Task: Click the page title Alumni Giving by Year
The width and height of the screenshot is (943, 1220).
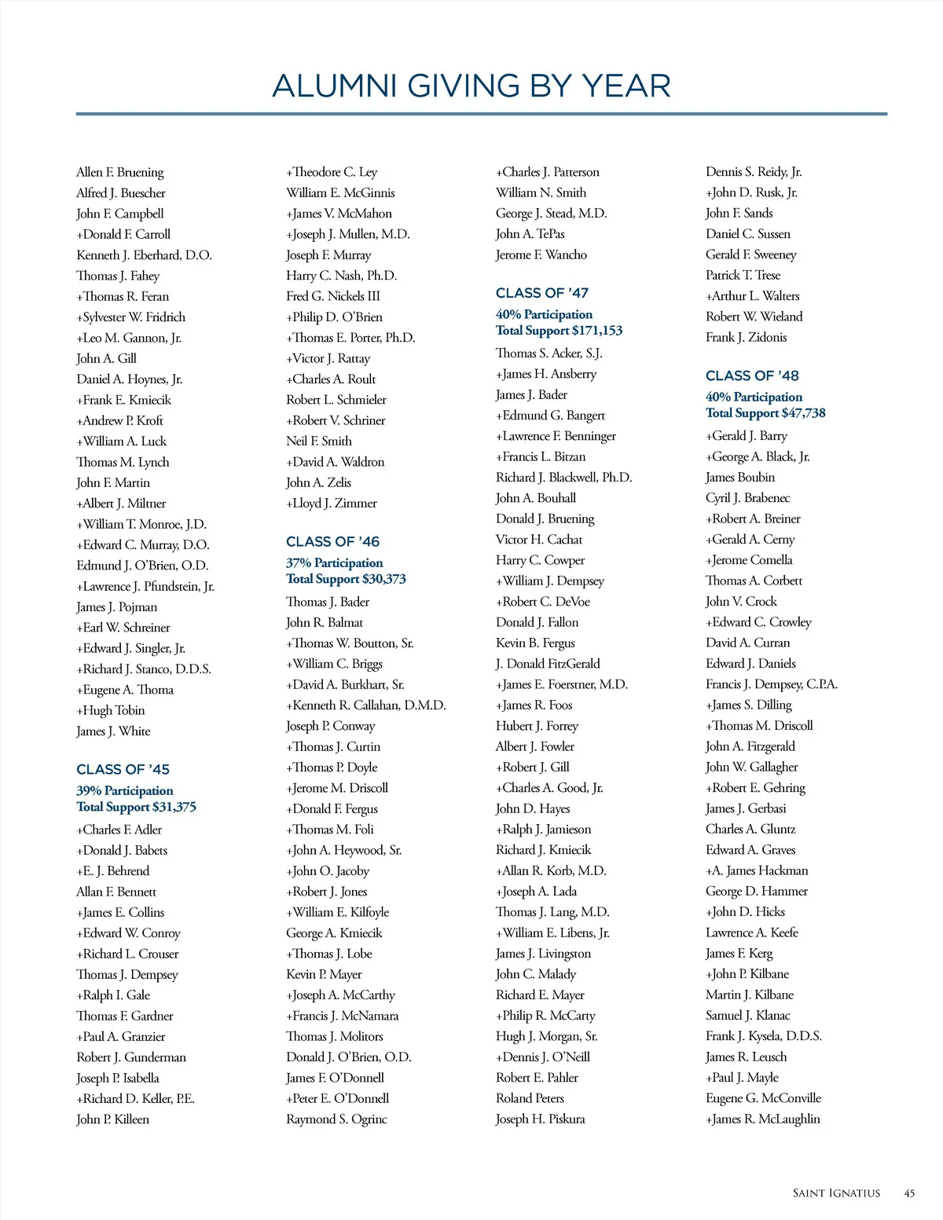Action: [472, 86]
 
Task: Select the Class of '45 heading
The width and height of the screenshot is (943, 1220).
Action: [123, 769]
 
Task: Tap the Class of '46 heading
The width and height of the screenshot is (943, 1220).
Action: [332, 541]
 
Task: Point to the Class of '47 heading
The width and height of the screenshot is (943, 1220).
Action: [541, 293]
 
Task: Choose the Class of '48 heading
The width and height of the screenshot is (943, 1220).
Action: [752, 376]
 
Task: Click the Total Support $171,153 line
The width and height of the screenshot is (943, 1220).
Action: [559, 331]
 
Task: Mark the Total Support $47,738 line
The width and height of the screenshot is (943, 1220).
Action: [765, 413]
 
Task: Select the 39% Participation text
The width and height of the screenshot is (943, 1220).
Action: [125, 790]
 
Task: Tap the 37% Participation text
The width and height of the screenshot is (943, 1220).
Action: [335, 562]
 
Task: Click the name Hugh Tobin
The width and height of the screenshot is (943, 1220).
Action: [111, 710]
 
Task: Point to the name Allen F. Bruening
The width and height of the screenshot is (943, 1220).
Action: [120, 172]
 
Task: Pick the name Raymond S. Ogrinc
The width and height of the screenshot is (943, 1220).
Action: [336, 1119]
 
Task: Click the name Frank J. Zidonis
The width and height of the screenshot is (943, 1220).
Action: [746, 337]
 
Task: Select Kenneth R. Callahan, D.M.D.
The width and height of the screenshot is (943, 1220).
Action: [366, 705]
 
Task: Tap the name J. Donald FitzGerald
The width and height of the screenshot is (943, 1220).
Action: [548, 664]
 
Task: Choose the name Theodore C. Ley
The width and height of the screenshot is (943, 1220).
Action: [332, 172]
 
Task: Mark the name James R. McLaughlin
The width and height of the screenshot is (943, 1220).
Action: [762, 1119]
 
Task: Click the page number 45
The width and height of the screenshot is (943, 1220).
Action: [909, 1193]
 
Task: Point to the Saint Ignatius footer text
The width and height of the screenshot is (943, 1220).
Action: [836, 1193]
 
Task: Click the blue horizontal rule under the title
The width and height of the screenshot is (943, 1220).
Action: [481, 114]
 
